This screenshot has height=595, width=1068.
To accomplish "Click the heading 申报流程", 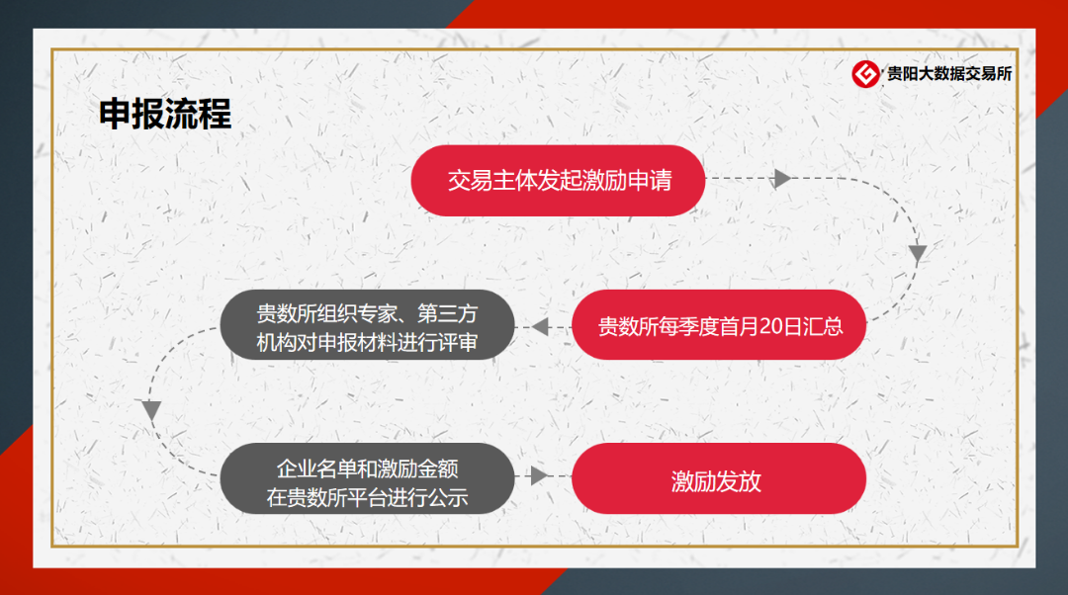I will pyautogui.click(x=165, y=114).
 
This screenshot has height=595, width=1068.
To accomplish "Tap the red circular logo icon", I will pyautogui.click(x=867, y=74).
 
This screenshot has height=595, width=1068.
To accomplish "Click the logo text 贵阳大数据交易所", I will pyautogui.click(x=949, y=74).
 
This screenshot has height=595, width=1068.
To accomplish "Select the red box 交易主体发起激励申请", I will pyautogui.click(x=558, y=181).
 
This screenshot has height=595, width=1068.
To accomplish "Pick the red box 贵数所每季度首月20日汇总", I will pyautogui.click(x=719, y=325).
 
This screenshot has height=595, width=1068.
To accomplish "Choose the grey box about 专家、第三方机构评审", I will pyautogui.click(x=367, y=326).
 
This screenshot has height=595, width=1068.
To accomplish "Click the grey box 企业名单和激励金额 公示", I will pyautogui.click(x=367, y=478).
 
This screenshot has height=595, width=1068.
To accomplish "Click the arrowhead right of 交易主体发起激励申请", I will pyautogui.click(x=782, y=179).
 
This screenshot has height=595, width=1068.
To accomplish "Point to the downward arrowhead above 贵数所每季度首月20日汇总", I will pyautogui.click(x=918, y=253).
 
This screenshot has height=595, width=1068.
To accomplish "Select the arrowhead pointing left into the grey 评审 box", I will pyautogui.click(x=540, y=326).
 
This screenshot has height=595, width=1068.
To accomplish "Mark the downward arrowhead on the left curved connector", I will pyautogui.click(x=151, y=409).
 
